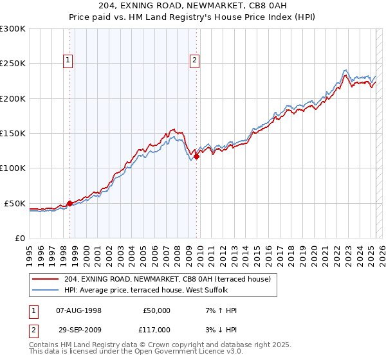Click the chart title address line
[x=193, y=6]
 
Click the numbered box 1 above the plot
[x=68, y=61]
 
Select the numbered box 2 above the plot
[x=194, y=61]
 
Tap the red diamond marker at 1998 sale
[x=69, y=203]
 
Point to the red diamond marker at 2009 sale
[x=197, y=156]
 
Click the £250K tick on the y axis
[x=13, y=64]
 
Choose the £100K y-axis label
[x=13, y=168]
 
